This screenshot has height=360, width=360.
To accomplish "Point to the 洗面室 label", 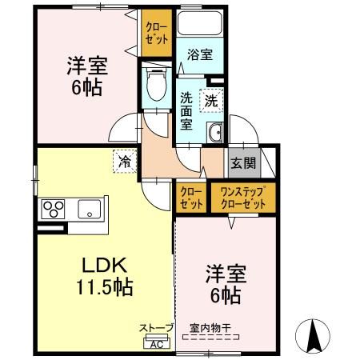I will pos(186,111).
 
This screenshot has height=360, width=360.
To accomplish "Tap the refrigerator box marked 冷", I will pos(125,161).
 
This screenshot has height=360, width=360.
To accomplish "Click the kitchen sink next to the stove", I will pos(88,210).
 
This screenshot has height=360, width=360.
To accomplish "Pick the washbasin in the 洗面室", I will pos(214,133).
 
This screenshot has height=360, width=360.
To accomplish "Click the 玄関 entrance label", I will pos(243,163).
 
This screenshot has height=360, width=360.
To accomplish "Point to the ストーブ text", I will pos(156,328).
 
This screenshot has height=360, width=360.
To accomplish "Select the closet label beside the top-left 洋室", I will pos(156,32).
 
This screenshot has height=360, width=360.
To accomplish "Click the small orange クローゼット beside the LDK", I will pos(190,197).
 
